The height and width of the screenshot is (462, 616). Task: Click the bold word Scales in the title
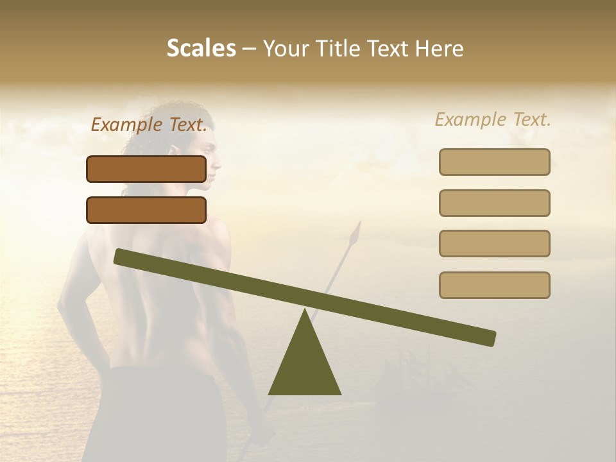pos(201,48)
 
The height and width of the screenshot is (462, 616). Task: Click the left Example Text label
pos(149,125)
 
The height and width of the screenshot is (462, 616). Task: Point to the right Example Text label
pos(493,119)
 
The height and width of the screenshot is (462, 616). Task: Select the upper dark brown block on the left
pos(146,169)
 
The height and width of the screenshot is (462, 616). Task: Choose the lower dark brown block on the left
pos(146,210)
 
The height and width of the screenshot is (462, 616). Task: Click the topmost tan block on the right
pos(494,162)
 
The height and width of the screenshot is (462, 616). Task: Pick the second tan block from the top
pos(494,203)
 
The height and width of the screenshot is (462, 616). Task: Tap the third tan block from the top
pos(494,243)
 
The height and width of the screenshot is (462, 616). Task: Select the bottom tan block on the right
pos(494,285)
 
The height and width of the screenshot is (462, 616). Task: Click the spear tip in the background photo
pos(355,234)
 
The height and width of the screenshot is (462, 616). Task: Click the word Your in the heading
pos(286,48)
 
